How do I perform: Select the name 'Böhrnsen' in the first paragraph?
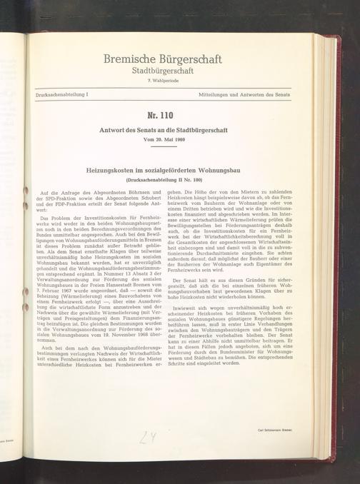(x=136, y=192)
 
